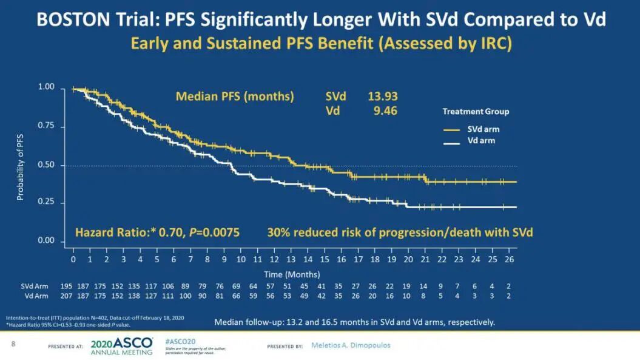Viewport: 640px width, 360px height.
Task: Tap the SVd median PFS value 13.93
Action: (x=383, y=96)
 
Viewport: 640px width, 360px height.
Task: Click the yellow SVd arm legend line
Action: (x=452, y=129)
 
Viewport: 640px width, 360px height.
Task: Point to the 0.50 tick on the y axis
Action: (x=46, y=165)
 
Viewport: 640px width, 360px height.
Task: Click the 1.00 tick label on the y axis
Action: (x=46, y=88)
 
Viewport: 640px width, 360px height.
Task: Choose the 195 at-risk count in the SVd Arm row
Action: (x=66, y=285)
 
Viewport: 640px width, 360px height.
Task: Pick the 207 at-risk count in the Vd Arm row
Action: (x=66, y=296)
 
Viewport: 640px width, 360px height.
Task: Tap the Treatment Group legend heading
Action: (x=476, y=112)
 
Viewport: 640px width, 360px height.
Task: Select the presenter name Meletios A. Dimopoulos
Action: (x=351, y=345)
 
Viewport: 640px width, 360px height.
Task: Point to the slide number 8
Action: (x=13, y=344)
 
